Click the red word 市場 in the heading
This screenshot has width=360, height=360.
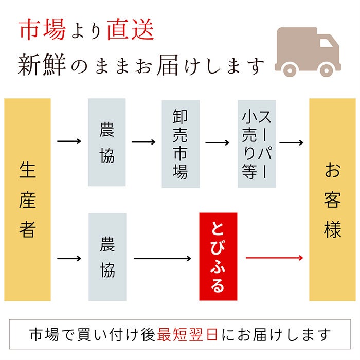[x=42, y=30]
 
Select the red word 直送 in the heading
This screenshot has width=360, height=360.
[x=130, y=30]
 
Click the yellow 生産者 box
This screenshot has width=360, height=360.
[x=28, y=200]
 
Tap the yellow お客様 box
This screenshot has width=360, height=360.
[x=332, y=200]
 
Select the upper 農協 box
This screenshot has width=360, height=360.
[x=107, y=142]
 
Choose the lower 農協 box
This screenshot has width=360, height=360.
[x=107, y=257]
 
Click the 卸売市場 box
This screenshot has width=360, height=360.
[x=180, y=143]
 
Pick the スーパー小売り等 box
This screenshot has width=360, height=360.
[x=256, y=143]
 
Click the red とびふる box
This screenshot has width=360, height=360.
[x=218, y=257]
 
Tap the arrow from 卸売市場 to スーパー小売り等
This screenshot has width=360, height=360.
[x=218, y=141]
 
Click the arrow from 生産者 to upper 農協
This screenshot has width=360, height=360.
[x=69, y=141]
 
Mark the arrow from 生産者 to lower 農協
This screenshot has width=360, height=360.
[x=69, y=257]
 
